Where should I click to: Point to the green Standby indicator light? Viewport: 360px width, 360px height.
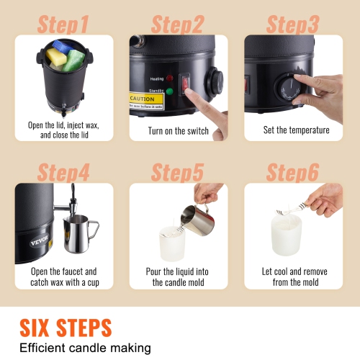pyautogui.click(x=169, y=91)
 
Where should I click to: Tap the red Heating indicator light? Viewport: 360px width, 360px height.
pyautogui.click(x=169, y=77)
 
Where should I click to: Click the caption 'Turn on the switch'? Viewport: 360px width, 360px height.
pyautogui.click(x=178, y=130)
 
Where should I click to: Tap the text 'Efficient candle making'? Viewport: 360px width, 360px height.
pyautogui.click(x=84, y=348)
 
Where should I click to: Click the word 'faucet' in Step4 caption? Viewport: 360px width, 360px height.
pyautogui.click(x=81, y=272)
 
